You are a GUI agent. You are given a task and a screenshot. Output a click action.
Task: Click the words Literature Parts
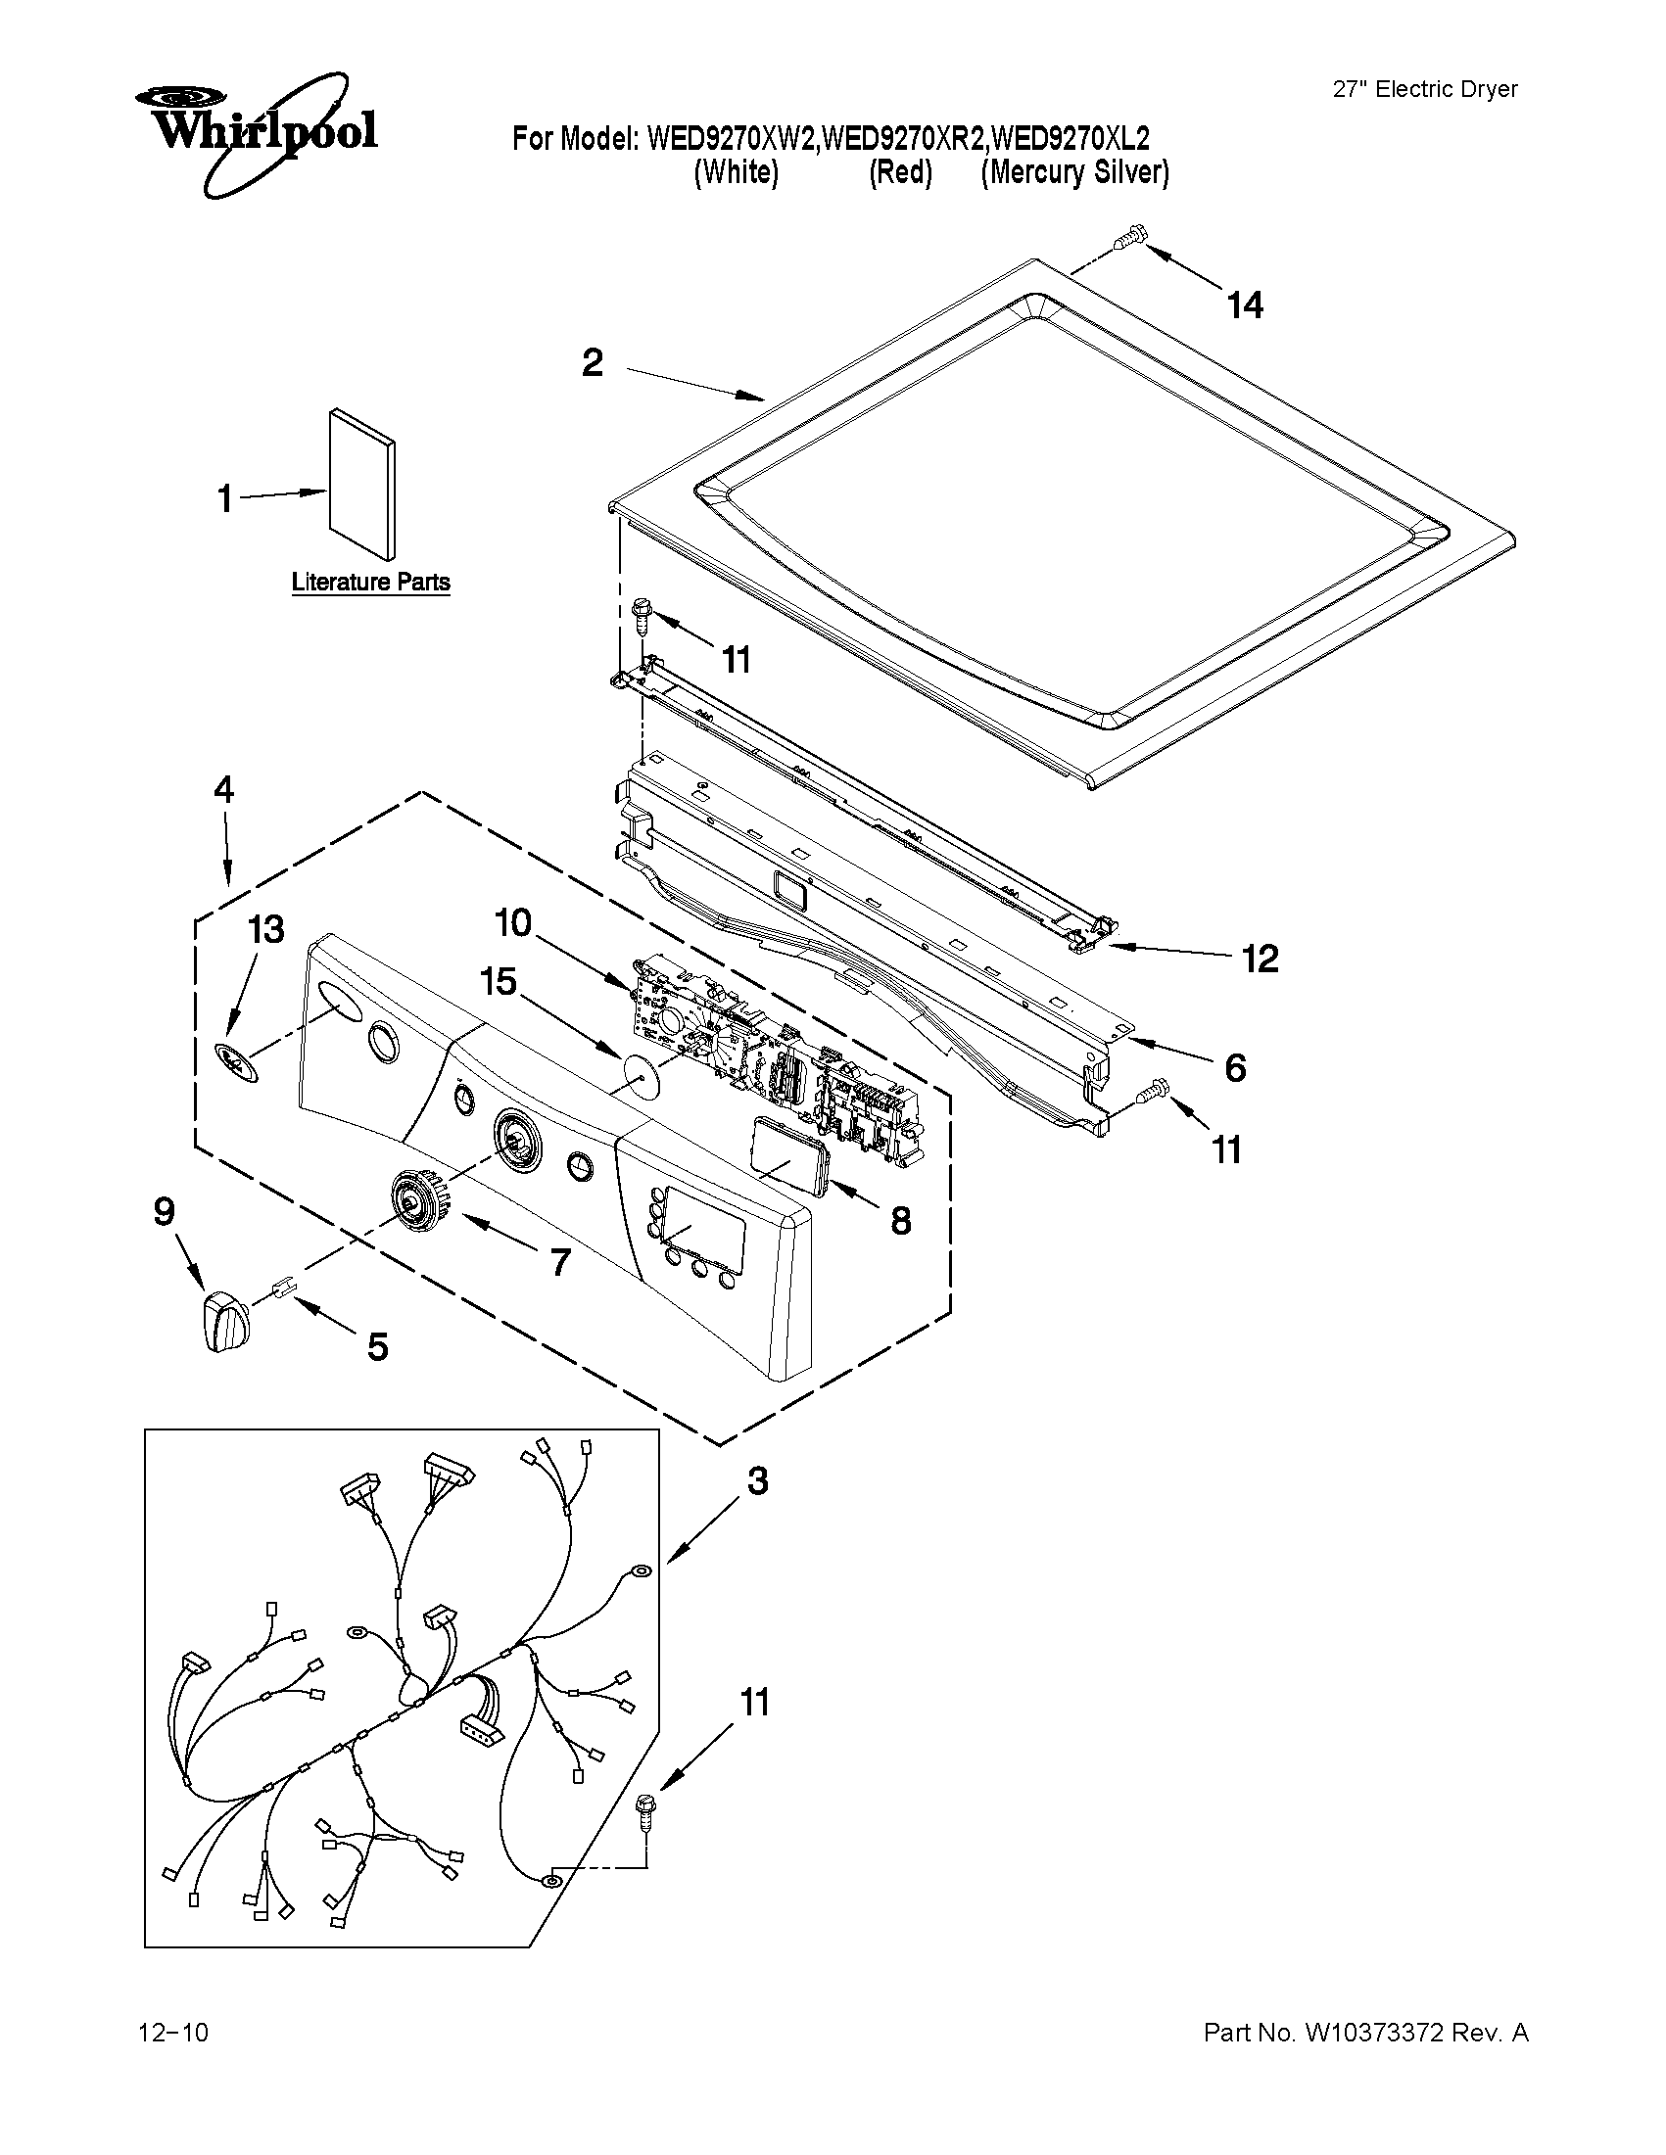(x=371, y=583)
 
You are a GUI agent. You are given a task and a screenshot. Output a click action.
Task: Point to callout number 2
(x=593, y=363)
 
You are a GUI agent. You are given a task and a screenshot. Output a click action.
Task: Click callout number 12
(x=1260, y=959)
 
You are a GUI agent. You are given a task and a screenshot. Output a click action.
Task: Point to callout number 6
(x=1235, y=1067)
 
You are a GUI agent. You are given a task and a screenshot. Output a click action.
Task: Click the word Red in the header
(x=900, y=172)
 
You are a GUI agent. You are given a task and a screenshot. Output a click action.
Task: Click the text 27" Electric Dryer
(x=1424, y=89)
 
